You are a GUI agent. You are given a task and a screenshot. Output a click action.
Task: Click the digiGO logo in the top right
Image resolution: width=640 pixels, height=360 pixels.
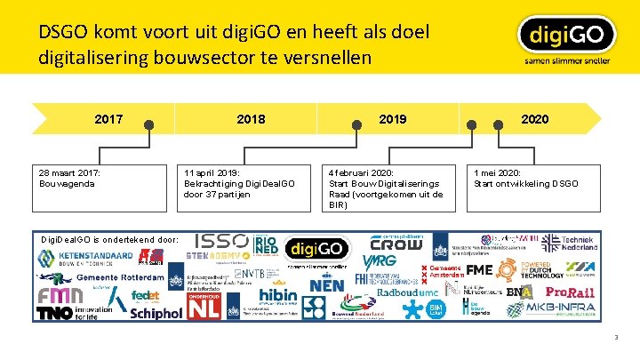[x=566, y=39]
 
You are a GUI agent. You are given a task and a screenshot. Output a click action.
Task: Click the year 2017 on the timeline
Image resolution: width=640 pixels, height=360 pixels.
[x=108, y=118]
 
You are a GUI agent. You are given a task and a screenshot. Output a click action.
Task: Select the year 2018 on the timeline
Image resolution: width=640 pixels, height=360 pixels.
[x=251, y=118]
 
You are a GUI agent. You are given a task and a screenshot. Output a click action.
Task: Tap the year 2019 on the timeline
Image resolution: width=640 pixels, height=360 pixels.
[x=392, y=118]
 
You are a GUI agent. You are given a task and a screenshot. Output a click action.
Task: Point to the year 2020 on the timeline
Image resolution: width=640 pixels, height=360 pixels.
[x=534, y=118]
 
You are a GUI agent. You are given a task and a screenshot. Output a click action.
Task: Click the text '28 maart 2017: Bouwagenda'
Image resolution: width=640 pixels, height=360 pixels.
[x=70, y=178]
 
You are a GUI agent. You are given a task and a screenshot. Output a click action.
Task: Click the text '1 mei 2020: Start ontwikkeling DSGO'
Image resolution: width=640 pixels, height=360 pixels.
[x=525, y=178]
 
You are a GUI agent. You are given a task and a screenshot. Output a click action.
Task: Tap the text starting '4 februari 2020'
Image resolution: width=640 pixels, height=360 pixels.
[x=386, y=188]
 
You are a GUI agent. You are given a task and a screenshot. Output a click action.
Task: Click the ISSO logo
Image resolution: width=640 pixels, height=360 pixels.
[x=220, y=241]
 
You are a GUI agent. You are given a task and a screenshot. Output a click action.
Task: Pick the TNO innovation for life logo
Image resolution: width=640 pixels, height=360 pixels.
[x=76, y=312]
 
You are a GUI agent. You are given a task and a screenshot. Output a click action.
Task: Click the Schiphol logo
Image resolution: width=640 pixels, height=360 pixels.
[x=156, y=313]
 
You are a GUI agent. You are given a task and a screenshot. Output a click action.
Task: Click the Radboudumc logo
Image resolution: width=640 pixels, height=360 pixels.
[x=408, y=292]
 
